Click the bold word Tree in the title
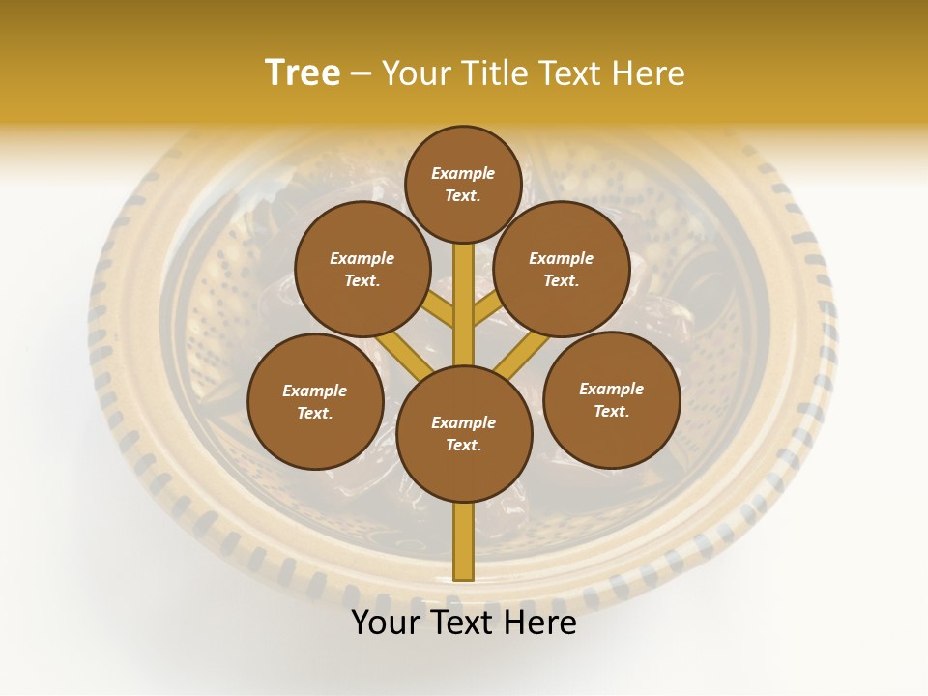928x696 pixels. (x=303, y=72)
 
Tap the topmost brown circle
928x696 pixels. (x=463, y=184)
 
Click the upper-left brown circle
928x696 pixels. (x=362, y=269)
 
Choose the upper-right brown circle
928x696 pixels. (x=562, y=269)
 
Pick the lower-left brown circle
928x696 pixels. (x=315, y=401)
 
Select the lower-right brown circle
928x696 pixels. (x=611, y=399)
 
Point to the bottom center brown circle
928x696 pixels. (x=464, y=434)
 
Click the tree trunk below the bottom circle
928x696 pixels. (x=464, y=541)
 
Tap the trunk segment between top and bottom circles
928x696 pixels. (x=464, y=304)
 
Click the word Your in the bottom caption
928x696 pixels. (x=385, y=623)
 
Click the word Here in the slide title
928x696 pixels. (x=649, y=73)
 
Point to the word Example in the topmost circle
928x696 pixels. (x=463, y=173)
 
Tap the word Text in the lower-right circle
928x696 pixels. (x=611, y=411)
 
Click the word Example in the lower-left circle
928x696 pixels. (x=315, y=391)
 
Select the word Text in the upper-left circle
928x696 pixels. (x=362, y=280)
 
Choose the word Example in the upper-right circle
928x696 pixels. (x=562, y=258)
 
